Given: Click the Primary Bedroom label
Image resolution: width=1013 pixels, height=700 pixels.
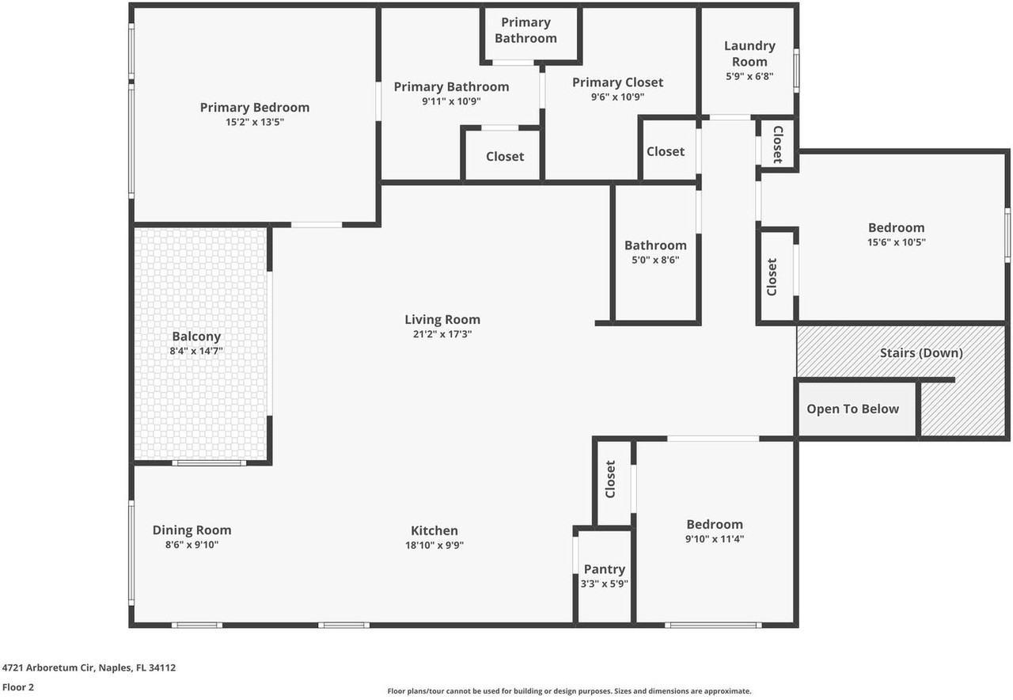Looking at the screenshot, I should (x=254, y=108).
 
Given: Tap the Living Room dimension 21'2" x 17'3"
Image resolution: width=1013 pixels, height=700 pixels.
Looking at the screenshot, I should (x=442, y=334).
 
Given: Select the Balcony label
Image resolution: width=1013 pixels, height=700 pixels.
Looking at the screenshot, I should (x=196, y=337).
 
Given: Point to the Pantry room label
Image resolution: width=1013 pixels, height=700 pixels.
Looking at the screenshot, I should (x=605, y=569).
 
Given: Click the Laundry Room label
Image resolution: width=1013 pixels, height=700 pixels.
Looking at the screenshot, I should (x=749, y=54).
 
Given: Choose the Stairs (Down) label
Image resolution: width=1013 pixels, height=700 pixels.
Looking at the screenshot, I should (x=921, y=352).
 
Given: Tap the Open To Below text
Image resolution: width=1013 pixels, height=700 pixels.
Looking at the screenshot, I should (x=852, y=409).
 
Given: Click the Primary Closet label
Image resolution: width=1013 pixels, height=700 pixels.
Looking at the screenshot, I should (x=617, y=82).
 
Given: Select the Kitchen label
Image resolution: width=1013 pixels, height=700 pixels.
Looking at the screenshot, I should (x=434, y=531).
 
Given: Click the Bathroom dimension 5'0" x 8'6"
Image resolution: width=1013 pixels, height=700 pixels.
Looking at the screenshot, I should (x=655, y=259).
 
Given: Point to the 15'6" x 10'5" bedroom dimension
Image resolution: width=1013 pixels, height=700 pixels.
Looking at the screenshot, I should (x=896, y=242).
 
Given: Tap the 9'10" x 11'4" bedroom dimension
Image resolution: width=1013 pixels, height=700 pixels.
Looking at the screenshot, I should (x=715, y=538).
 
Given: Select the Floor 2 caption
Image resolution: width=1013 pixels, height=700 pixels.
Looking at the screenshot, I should (x=18, y=687).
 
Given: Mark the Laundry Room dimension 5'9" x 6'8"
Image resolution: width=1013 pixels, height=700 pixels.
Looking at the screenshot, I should (x=749, y=77).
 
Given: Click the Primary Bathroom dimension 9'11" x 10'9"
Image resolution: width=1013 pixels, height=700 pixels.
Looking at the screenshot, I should (x=451, y=101).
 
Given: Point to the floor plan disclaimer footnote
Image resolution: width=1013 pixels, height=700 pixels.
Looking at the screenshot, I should (x=569, y=691).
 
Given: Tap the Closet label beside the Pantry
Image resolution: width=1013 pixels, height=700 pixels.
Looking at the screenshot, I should (x=610, y=479).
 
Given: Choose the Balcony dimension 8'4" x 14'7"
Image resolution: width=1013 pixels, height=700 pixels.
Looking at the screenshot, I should (x=196, y=350).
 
